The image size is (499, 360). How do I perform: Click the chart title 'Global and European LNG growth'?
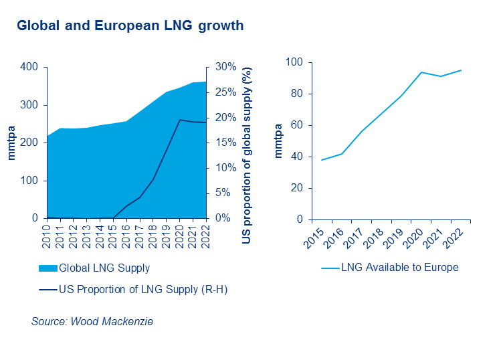pos(130,25)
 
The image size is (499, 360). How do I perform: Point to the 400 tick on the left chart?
pos(29,67)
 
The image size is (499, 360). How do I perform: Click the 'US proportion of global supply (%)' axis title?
pos(246,143)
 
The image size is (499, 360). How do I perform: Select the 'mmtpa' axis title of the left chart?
pos(11,143)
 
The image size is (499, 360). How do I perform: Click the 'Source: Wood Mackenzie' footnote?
pos(92,322)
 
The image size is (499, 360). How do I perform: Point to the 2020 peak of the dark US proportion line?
pos(180,120)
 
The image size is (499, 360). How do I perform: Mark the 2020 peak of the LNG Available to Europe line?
pos(421,72)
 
